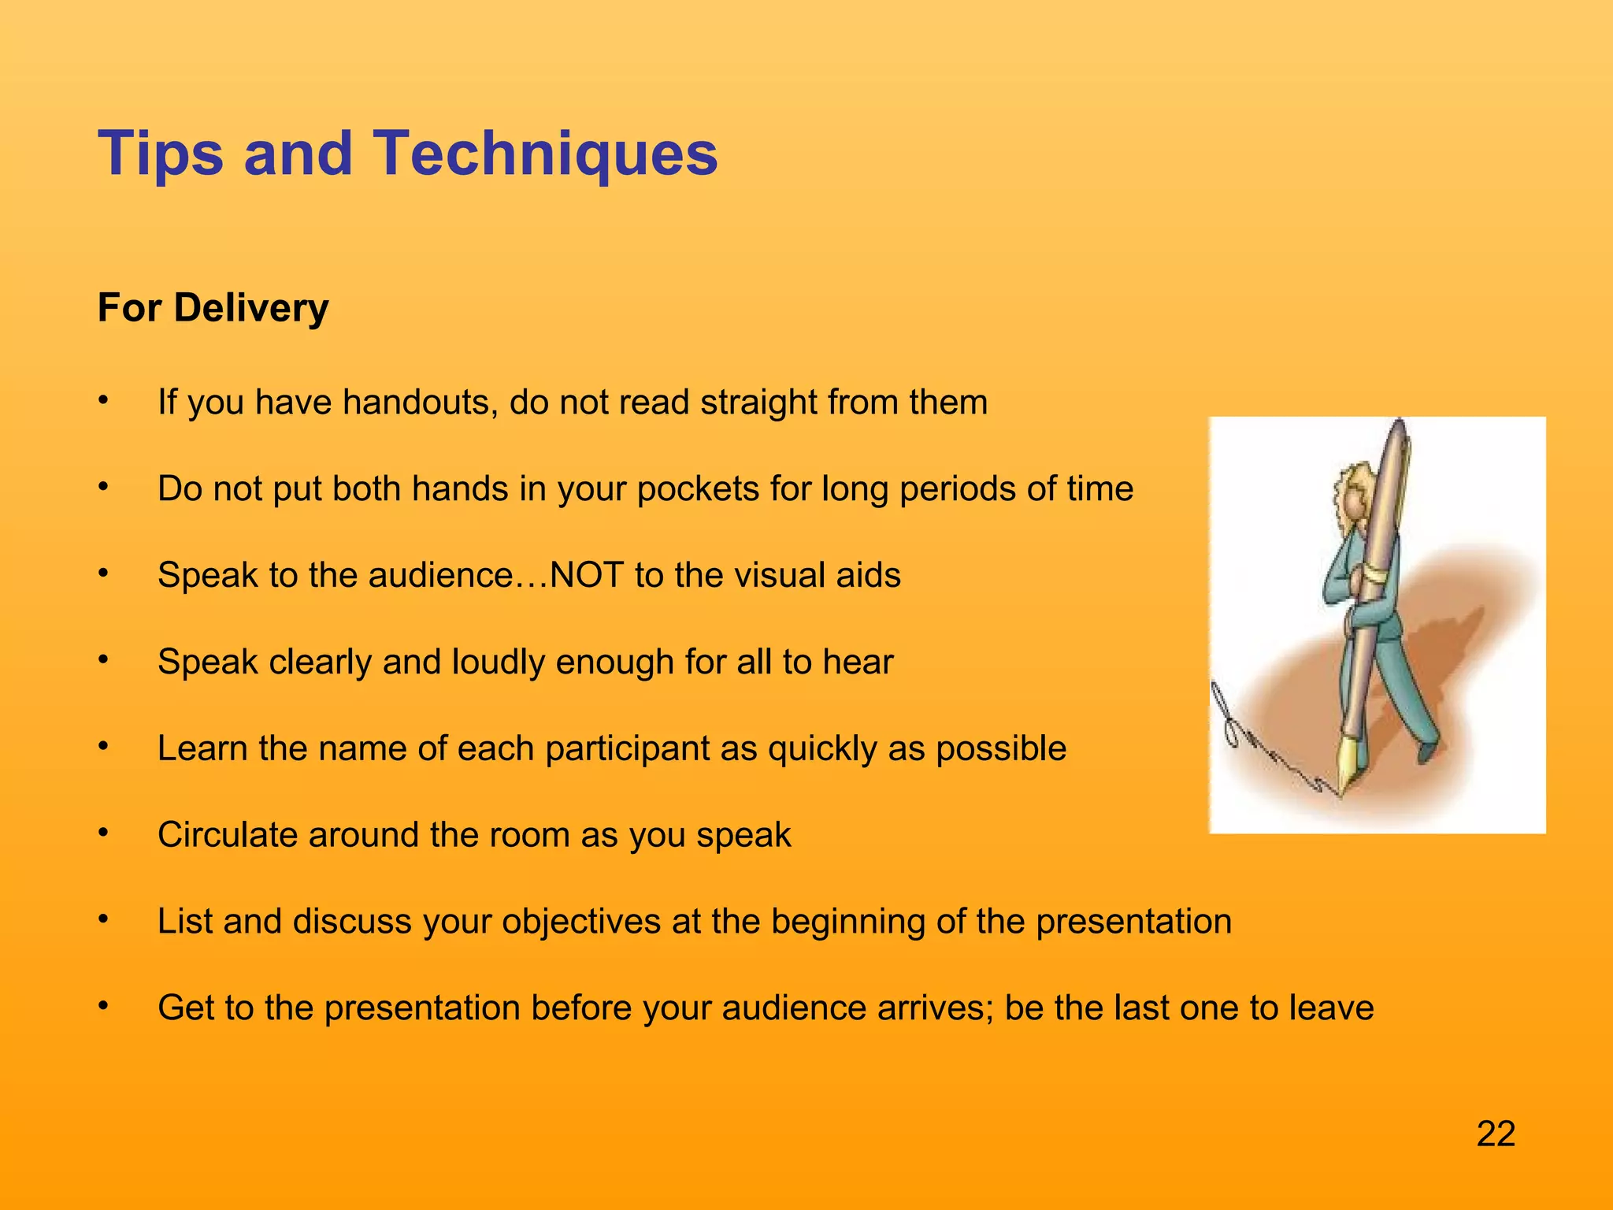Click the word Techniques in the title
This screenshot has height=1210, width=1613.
544,153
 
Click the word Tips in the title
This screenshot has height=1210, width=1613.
161,153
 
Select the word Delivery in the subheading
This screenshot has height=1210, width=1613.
250,307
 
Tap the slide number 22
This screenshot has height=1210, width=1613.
1496,1134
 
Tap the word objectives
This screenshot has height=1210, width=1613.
580,922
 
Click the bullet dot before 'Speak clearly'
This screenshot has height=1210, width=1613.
102,660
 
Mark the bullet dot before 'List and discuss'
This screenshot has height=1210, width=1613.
102,920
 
